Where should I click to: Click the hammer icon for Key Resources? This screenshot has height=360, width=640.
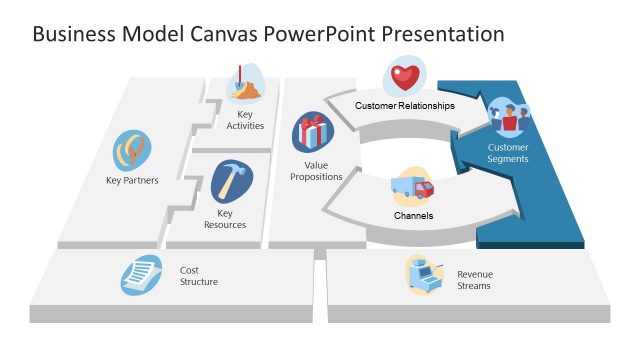point(231,182)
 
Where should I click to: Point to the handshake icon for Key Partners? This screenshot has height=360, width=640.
point(131,150)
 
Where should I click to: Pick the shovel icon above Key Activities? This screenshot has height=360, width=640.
point(245,84)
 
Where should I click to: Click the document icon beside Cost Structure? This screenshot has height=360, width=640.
point(142,274)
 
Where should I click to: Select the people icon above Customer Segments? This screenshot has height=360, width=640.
point(508,118)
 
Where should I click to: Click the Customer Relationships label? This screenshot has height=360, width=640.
point(405,105)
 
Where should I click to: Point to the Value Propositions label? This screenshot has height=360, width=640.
point(316,170)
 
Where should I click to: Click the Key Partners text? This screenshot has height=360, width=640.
point(132,181)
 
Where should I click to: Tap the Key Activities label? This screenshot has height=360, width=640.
point(245,120)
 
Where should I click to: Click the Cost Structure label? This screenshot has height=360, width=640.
point(199,276)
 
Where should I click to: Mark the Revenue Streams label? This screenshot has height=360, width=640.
point(474,280)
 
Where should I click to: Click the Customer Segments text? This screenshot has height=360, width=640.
point(508,153)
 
